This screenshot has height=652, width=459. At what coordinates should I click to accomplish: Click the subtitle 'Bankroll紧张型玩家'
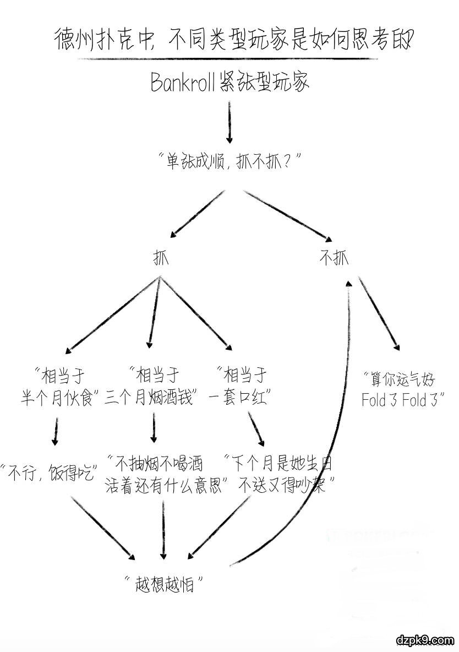pos(230,83)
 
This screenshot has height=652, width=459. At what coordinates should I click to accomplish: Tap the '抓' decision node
pos(160,258)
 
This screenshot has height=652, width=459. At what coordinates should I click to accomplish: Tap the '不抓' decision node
pos(334,258)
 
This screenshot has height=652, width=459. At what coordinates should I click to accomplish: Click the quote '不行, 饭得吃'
pos(50,472)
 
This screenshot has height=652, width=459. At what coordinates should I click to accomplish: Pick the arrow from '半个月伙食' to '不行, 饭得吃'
pos(54,430)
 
